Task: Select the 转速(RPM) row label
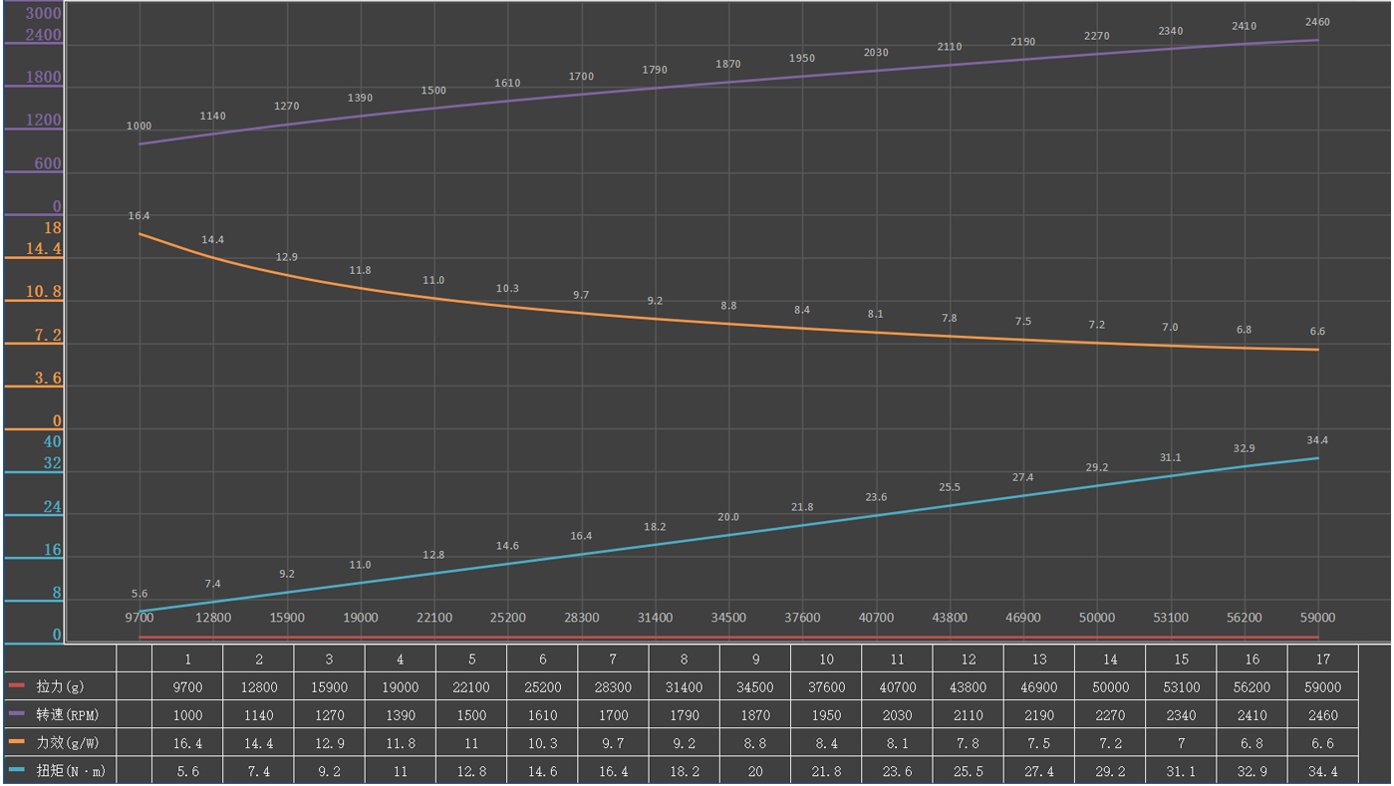click(x=66, y=714)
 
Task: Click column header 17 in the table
click(x=1322, y=658)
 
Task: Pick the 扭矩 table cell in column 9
click(x=755, y=770)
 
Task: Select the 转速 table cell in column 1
click(x=187, y=714)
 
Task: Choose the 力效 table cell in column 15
click(x=1181, y=742)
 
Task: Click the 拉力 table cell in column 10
click(x=826, y=686)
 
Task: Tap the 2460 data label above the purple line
click(x=1316, y=22)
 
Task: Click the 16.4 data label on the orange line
click(x=139, y=215)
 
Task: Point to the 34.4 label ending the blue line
click(x=1316, y=439)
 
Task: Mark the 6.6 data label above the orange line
click(x=1316, y=331)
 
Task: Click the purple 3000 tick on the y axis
click(x=43, y=14)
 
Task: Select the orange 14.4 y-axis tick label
click(x=43, y=248)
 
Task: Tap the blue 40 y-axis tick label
click(x=52, y=441)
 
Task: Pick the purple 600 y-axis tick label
click(x=48, y=163)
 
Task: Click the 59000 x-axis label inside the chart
click(x=1316, y=618)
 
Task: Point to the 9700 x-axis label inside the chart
click(x=139, y=618)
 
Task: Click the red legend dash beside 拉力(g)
click(x=16, y=686)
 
